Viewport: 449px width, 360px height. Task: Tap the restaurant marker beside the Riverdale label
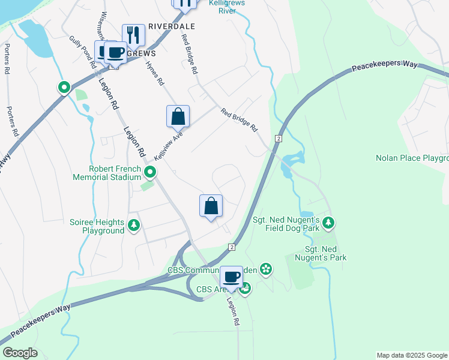tap(133, 35)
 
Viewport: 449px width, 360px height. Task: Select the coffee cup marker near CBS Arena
tap(231, 277)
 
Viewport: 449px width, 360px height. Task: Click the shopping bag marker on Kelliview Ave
tap(178, 116)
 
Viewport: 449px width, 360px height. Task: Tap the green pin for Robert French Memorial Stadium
tap(150, 173)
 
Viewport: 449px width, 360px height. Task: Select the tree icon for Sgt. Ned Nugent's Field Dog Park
tap(328, 223)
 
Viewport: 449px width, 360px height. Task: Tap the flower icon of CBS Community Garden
tap(266, 271)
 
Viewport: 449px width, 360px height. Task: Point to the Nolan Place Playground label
tap(412, 158)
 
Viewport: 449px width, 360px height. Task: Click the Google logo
tap(20, 353)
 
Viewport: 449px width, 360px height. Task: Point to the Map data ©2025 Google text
tap(412, 355)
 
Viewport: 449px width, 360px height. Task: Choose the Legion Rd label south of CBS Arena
tap(233, 311)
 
